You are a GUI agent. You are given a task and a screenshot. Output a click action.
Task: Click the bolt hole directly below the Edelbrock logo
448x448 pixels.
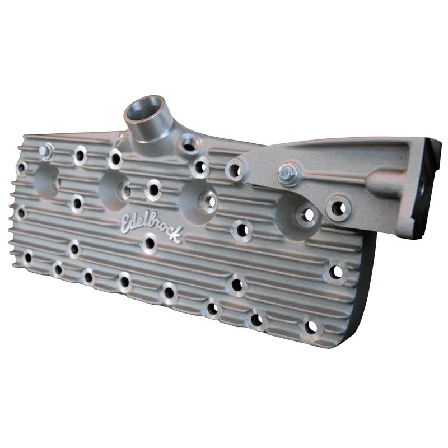(x=150, y=243)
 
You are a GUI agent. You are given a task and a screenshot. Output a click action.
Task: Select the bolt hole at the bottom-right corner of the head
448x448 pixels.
(x=310, y=326)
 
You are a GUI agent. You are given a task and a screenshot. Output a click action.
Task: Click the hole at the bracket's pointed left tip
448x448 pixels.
(x=235, y=169)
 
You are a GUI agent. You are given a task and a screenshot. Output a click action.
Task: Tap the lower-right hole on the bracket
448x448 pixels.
(x=338, y=207)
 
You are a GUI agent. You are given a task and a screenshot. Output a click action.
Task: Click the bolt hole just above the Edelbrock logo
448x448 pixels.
(x=153, y=189)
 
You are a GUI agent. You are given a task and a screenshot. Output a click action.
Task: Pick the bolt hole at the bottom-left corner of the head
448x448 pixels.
(x=27, y=258)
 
